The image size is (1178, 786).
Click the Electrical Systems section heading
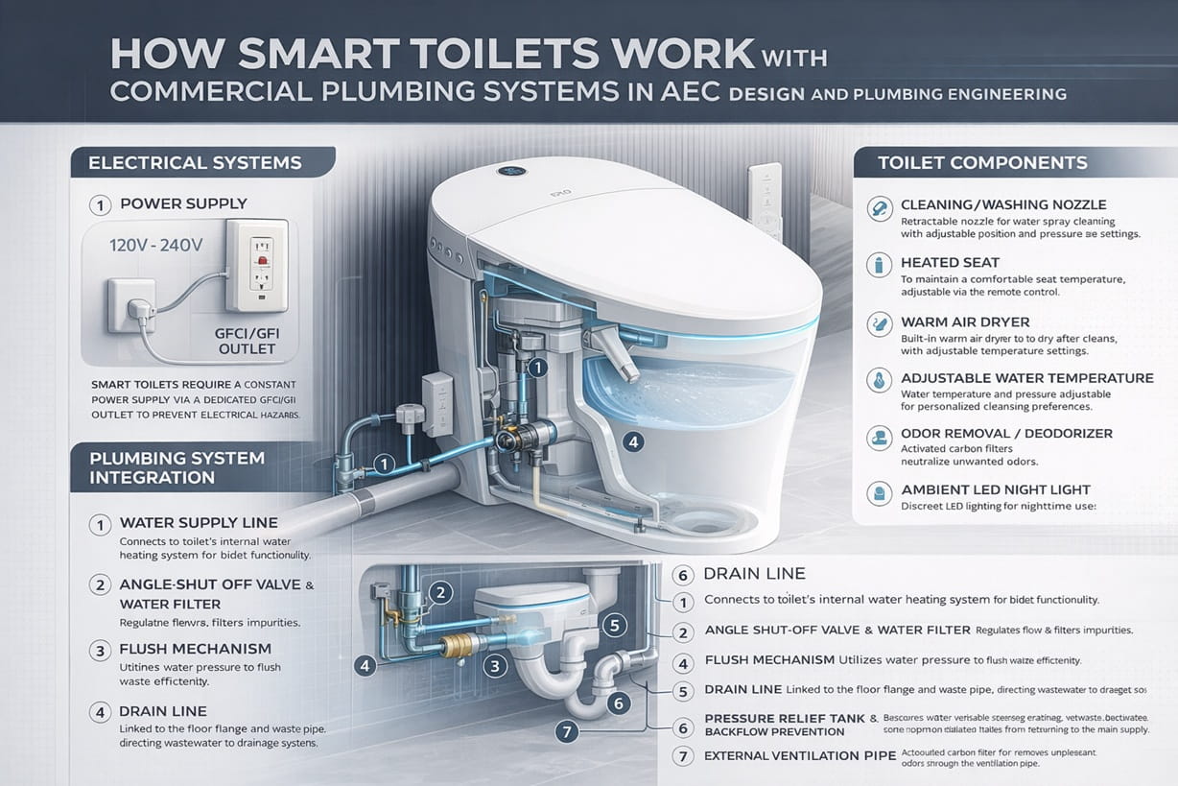(x=195, y=163)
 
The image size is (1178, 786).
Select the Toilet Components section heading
(x=982, y=163)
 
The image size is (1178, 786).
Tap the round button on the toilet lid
(x=507, y=173)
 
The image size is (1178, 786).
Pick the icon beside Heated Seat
(x=878, y=265)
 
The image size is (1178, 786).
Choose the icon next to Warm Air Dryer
(x=878, y=323)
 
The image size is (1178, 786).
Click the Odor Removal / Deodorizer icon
(x=878, y=439)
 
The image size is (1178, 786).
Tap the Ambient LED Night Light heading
(x=996, y=489)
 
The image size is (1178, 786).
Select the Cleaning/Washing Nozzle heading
(x=1003, y=204)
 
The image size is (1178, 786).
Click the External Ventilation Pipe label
(x=800, y=756)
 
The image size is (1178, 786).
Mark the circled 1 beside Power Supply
(x=100, y=204)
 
